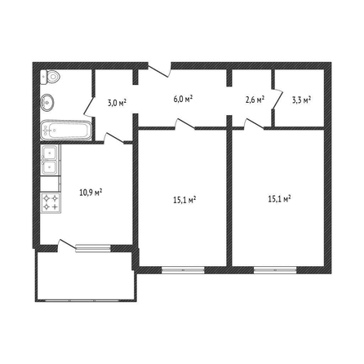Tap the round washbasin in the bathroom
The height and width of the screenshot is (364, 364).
[47, 102]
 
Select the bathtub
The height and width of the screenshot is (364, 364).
[66, 131]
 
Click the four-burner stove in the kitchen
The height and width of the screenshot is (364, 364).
[51, 203]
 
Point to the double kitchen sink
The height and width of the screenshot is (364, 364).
[50, 160]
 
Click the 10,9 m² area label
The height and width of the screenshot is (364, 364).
[91, 193]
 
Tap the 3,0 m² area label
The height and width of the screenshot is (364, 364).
[117, 103]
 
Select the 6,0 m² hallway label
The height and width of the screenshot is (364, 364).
[183, 99]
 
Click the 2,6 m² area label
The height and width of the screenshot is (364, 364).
[255, 100]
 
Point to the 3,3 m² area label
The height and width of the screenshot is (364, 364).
[301, 100]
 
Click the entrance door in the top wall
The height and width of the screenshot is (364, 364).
[159, 70]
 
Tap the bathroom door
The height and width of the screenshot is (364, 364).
[89, 106]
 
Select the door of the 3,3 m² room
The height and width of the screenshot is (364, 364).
[277, 99]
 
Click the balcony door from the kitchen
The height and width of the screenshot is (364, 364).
[67, 244]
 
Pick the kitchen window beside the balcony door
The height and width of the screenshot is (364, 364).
[93, 248]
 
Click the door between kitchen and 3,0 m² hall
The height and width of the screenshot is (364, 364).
[114, 138]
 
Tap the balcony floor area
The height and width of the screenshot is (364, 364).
[86, 275]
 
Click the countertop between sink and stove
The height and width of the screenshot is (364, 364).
[50, 184]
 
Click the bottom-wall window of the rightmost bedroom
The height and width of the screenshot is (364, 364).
[275, 270]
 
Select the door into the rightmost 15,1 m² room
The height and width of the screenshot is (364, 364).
[254, 123]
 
